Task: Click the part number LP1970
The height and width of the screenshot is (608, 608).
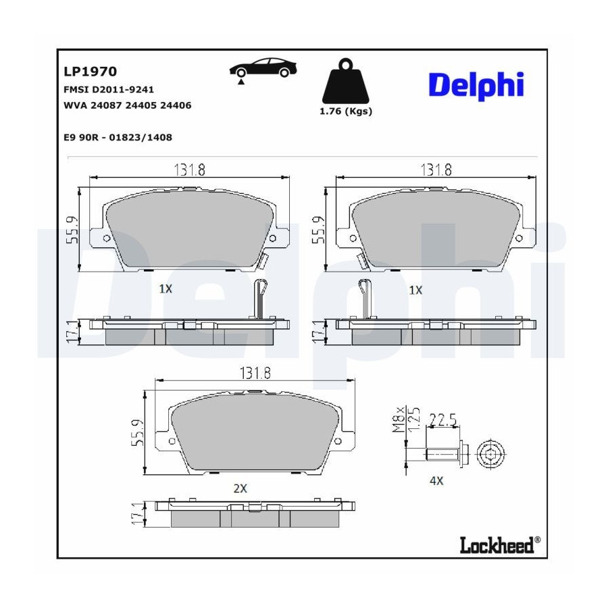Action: click(x=90, y=72)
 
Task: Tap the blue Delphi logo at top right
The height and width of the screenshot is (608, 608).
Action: click(x=476, y=85)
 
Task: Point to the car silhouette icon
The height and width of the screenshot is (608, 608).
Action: click(x=263, y=69)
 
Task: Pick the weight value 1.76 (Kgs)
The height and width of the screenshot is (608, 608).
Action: click(x=345, y=111)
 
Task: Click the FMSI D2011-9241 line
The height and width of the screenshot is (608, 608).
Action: click(x=109, y=90)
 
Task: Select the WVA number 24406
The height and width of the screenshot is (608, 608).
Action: click(x=176, y=105)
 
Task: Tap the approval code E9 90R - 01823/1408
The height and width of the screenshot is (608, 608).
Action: click(x=118, y=137)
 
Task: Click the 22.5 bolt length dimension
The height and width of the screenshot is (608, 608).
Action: click(x=443, y=420)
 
